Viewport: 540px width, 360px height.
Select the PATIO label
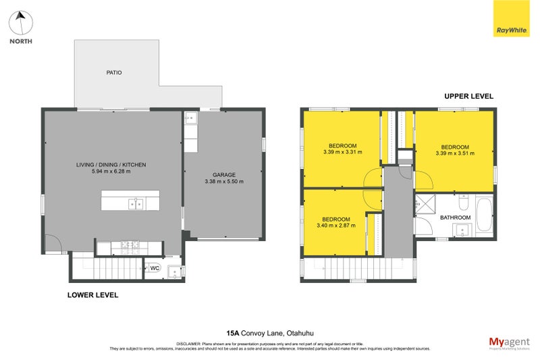point(114,72)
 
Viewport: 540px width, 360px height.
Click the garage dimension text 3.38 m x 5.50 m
point(223,181)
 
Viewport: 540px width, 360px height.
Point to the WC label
point(154,268)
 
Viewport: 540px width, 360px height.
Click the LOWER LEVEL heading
point(92,295)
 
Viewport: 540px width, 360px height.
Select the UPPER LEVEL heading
point(468,97)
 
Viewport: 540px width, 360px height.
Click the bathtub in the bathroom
point(483,215)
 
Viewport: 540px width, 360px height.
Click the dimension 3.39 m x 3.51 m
point(455,153)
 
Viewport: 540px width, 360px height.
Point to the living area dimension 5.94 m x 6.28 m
point(111,172)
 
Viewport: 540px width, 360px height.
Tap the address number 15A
point(232,332)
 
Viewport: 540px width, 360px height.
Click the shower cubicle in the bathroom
point(425,203)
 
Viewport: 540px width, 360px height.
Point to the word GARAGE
point(223,174)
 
